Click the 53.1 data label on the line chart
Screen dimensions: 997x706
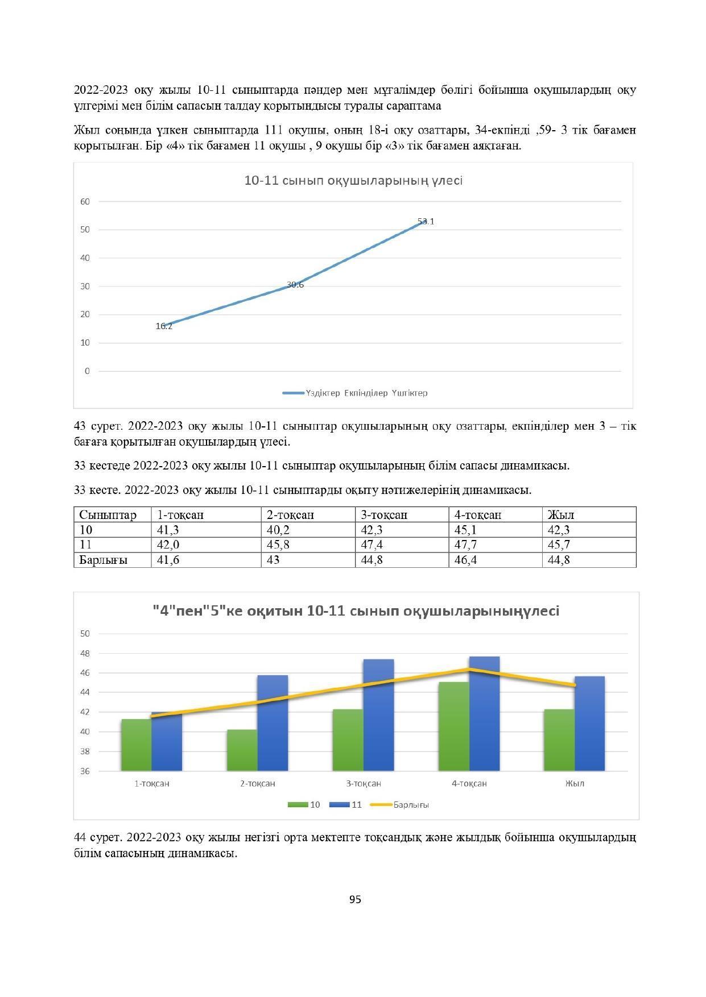[426, 222]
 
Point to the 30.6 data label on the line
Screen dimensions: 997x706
[295, 285]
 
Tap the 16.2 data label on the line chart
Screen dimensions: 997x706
[164, 326]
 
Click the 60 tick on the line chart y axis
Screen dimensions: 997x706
[85, 201]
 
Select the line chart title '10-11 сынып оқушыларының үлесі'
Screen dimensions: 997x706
[353, 181]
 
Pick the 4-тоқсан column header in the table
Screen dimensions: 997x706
[478, 515]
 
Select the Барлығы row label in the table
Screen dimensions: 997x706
[104, 560]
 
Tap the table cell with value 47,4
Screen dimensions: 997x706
[373, 545]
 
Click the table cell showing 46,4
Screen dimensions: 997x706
[466, 560]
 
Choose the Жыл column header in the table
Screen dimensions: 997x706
[561, 515]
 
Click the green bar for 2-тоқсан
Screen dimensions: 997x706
[242, 750]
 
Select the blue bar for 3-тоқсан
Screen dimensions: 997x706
[378, 716]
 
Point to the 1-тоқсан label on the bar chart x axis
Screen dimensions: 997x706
[152, 783]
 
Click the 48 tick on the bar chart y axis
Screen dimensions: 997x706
[85, 653]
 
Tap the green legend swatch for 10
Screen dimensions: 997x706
[298, 805]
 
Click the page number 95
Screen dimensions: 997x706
[355, 899]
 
